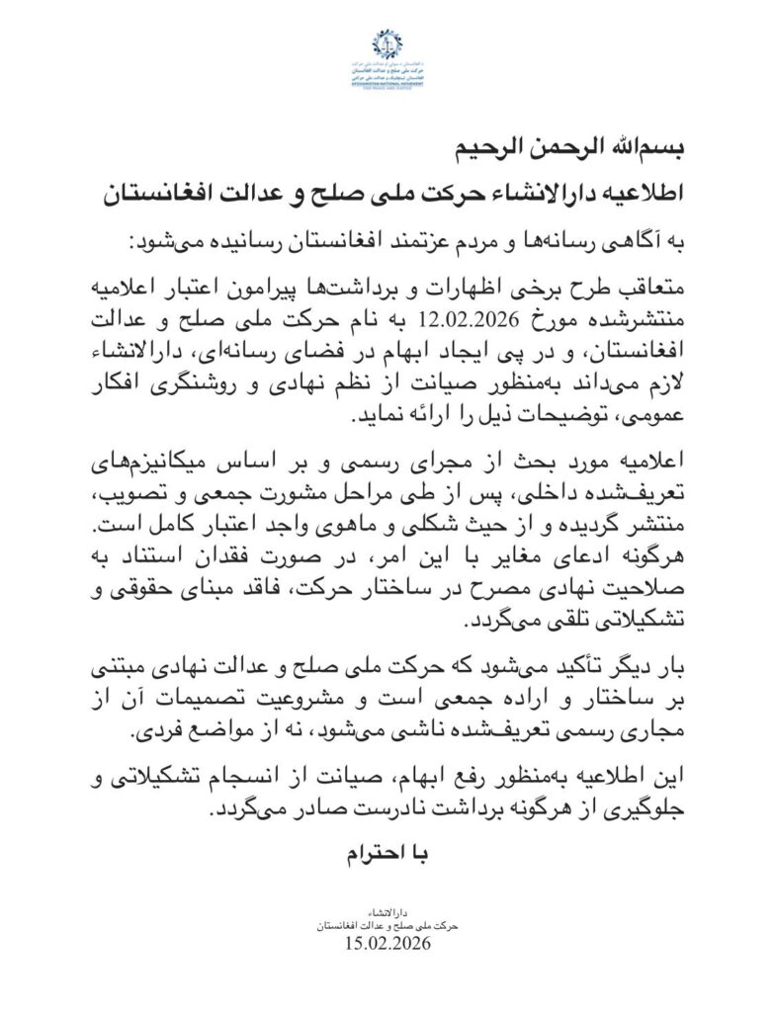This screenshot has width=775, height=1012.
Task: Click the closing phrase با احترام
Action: point(387,852)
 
